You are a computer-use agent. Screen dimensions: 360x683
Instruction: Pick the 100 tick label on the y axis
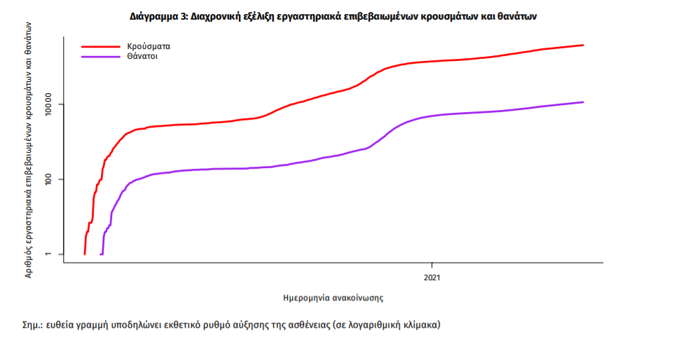tap(55, 179)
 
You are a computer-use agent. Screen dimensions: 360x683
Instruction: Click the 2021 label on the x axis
tap(432, 277)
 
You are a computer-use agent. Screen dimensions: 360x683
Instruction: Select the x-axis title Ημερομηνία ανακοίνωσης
tap(333, 298)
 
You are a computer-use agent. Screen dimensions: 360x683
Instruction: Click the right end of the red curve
tap(583, 46)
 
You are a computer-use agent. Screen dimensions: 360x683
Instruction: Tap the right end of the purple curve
tap(583, 102)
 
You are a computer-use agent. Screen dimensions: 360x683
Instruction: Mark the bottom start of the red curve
tap(85, 254)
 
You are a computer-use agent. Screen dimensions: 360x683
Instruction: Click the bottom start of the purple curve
tap(102, 254)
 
